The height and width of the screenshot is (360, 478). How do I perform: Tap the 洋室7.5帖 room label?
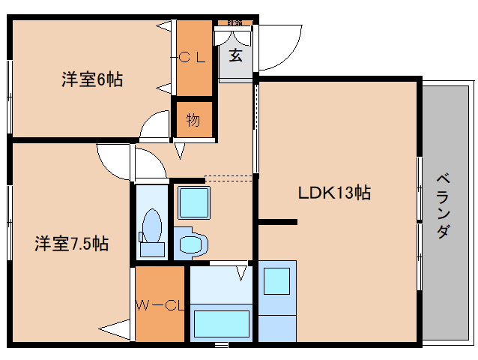(72, 244)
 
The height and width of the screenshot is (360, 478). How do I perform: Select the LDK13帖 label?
(335, 192)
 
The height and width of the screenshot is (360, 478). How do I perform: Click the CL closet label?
(195, 58)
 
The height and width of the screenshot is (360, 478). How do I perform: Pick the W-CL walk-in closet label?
(160, 304)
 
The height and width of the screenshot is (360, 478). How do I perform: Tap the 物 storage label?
(193, 119)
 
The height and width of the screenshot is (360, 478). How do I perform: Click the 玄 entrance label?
(235, 55)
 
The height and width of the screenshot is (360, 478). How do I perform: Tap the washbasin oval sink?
(194, 244)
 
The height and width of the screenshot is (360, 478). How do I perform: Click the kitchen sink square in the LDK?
(276, 280)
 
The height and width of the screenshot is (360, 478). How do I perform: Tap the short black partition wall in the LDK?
(278, 221)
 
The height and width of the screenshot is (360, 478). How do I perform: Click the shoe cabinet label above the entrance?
(235, 23)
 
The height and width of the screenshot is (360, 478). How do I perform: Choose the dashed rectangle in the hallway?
(229, 178)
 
